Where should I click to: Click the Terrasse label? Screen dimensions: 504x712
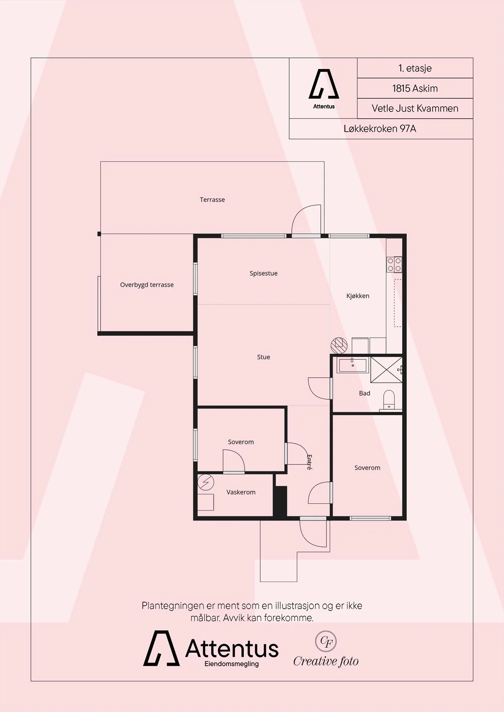212,200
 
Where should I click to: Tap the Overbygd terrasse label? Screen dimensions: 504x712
147,285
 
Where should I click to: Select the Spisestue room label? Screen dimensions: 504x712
263,273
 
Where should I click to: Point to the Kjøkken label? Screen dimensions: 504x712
357,296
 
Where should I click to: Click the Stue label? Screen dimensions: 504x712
263,357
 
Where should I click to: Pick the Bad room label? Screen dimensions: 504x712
365,393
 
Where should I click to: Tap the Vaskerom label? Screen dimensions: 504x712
241,492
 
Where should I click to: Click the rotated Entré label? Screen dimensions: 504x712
309,462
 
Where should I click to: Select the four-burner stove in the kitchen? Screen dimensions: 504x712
394,264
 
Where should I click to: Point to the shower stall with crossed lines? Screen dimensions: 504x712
386,370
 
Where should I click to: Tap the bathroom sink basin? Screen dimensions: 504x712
353,364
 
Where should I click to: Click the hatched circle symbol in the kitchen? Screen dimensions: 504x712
339,345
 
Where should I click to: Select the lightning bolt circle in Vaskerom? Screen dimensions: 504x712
205,483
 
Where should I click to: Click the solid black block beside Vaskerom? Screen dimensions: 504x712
280,501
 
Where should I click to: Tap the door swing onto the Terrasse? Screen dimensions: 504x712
306,219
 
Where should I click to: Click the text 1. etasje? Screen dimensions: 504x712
415,69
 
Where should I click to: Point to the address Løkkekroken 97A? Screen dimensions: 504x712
380,129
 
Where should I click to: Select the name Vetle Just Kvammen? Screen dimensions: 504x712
415,109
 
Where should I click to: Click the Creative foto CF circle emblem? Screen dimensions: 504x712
326,641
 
